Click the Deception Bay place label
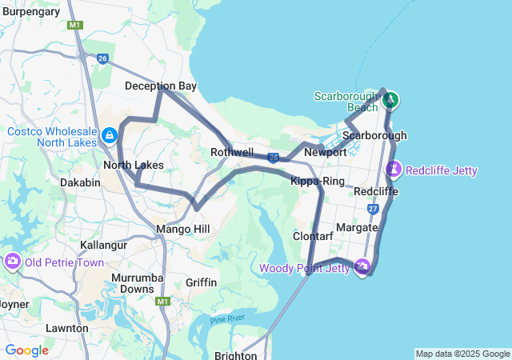pos(161,86)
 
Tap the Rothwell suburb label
pos(232,152)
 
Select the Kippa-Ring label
pos(318,182)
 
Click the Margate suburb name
pos(358,228)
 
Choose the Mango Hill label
pos(182,229)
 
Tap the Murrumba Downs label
pos(133,282)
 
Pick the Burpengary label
pos(31,11)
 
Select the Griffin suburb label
pos(201,282)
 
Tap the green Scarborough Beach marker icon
pos(390,100)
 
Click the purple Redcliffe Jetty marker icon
pos(394,170)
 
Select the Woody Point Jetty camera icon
pos(362,266)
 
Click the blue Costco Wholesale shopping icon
pos(109,135)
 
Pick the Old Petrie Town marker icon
pos(13,262)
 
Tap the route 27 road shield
pos(374,208)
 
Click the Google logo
pos(26,350)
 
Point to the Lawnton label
pos(66,328)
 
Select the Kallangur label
pos(104,245)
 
